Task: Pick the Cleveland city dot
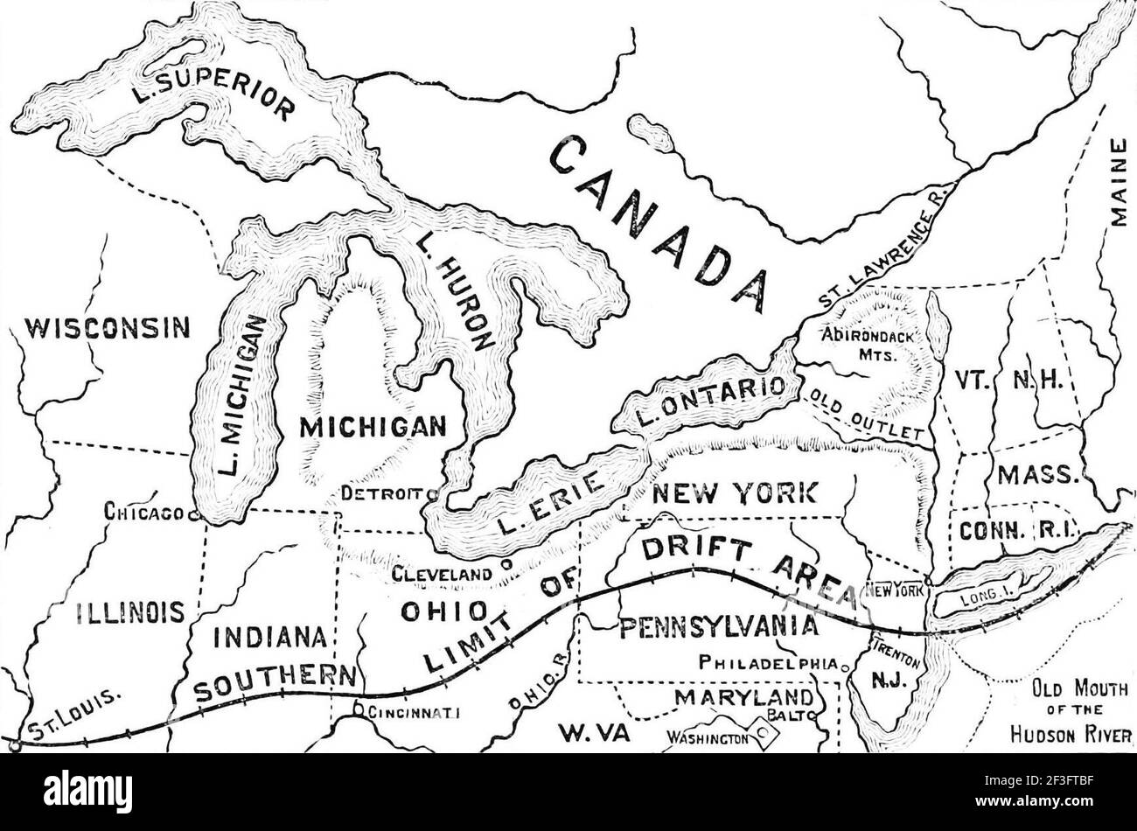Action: (506, 565)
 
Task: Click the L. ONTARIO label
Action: (708, 400)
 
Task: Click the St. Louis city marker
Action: (15, 744)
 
